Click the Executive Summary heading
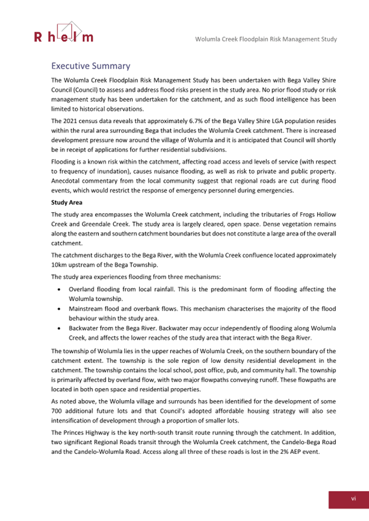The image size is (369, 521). click(90, 66)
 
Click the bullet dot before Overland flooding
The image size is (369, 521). click(58, 289)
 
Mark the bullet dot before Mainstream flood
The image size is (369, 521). click(58, 309)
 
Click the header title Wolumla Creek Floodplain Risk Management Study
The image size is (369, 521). click(266, 39)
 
